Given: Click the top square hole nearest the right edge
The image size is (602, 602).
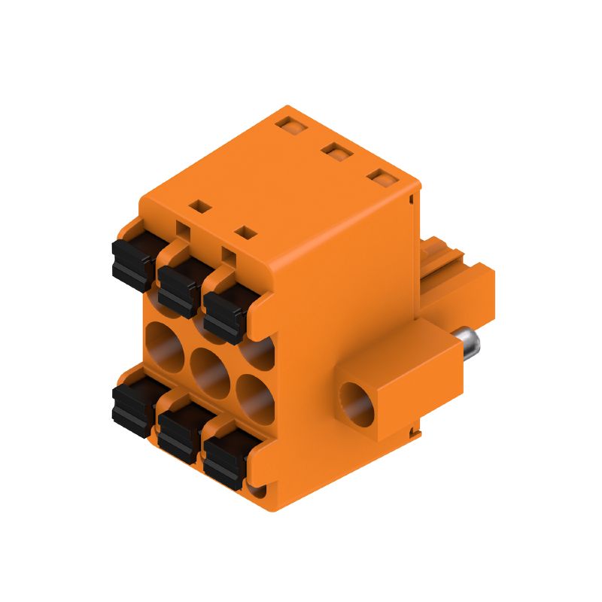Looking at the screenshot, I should pos(383,178).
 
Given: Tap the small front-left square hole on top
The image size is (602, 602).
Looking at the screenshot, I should pos(198,204).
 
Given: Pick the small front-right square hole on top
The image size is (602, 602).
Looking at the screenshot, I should pos(244,231).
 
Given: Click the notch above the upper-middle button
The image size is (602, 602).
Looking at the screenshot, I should pos(184,228).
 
